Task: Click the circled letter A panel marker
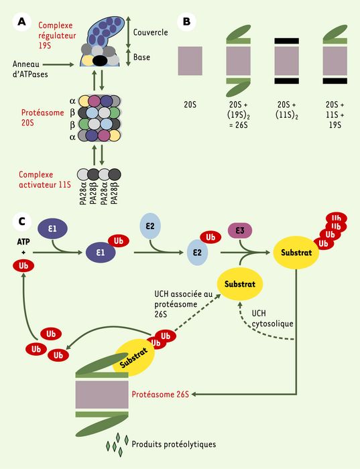22,21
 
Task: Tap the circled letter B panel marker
186,21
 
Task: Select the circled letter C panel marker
22,222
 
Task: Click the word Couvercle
151,32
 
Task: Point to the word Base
141,57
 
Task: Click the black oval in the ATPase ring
100,61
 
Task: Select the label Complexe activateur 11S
45,180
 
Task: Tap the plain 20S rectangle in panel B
190,61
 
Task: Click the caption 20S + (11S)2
287,109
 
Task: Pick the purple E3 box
240,231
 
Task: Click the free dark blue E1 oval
52,229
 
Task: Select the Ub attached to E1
118,241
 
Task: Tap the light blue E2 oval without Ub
150,226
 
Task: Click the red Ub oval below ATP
23,265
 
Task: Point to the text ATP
23,241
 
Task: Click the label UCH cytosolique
272,318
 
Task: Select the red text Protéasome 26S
160,394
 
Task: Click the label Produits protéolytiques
174,444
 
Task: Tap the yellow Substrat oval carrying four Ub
296,253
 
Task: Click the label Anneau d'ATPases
30,69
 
